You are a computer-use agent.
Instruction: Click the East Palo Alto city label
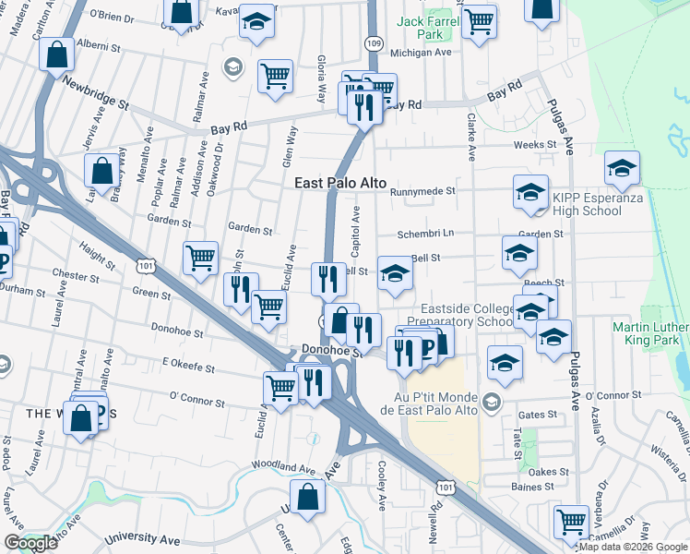(339, 184)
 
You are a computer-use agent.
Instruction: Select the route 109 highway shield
(374, 43)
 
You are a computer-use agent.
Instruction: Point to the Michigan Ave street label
(420, 53)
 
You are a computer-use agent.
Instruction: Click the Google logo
(30, 543)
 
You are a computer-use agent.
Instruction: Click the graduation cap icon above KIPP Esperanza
(623, 169)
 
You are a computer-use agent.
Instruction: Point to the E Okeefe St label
(188, 367)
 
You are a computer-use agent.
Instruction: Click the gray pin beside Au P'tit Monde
(491, 402)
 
